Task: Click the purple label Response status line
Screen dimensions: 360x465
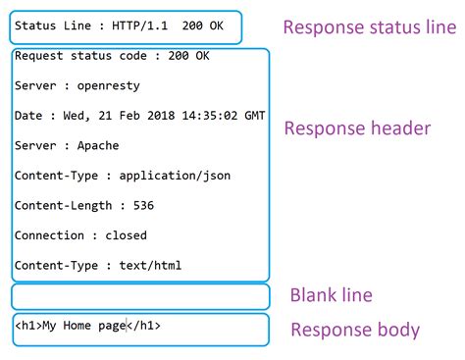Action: (370, 27)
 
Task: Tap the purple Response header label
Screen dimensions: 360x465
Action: (357, 129)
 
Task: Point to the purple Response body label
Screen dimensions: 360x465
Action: (355, 330)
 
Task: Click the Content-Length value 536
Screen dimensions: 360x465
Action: (142, 206)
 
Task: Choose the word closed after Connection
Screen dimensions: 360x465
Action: (126, 235)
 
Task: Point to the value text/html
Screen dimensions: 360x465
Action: (150, 265)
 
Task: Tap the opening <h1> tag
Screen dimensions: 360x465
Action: (27, 325)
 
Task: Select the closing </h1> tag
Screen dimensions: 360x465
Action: (143, 325)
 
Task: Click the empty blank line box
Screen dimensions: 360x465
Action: (139, 296)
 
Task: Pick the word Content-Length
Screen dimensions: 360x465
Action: (58, 206)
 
